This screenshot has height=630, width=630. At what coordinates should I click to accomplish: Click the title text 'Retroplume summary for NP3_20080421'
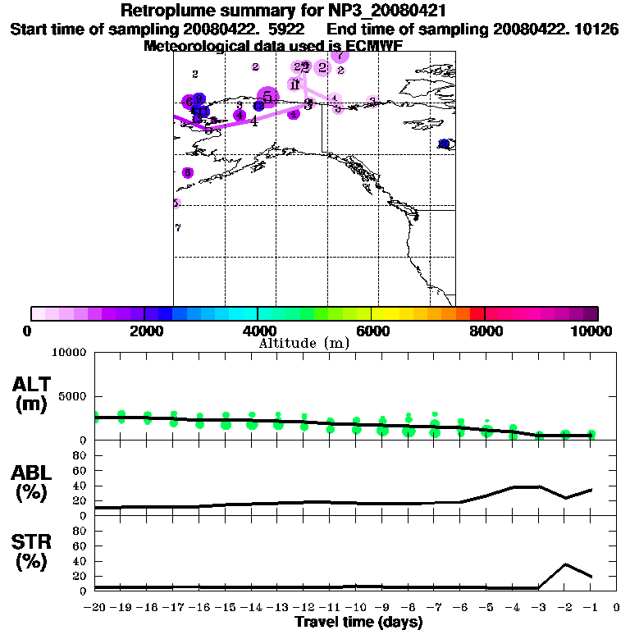coord(283,11)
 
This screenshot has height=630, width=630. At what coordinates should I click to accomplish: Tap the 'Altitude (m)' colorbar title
coord(304,343)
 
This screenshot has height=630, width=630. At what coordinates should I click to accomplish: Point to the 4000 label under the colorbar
coord(258,331)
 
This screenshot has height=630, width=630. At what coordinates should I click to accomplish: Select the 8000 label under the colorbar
coord(485,331)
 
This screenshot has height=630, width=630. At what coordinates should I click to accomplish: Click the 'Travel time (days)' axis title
coord(358,623)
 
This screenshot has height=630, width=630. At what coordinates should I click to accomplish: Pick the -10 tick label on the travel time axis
coord(355,608)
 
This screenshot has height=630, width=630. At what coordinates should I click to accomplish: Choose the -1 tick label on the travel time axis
coord(590,608)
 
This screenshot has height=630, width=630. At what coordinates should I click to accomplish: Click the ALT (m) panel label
coord(32,395)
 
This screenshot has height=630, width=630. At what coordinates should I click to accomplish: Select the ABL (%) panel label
coord(32,482)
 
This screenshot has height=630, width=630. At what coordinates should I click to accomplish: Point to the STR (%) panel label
coord(32,552)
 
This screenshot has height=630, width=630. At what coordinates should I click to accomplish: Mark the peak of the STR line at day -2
coord(565,564)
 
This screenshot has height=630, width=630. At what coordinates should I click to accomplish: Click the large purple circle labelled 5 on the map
coord(267,97)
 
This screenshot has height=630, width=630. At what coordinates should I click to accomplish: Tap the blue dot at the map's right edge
coord(445,144)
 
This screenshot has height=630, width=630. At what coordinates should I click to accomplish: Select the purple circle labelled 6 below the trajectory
coord(188,173)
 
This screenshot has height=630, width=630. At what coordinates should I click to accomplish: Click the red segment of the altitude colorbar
coord(477,313)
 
